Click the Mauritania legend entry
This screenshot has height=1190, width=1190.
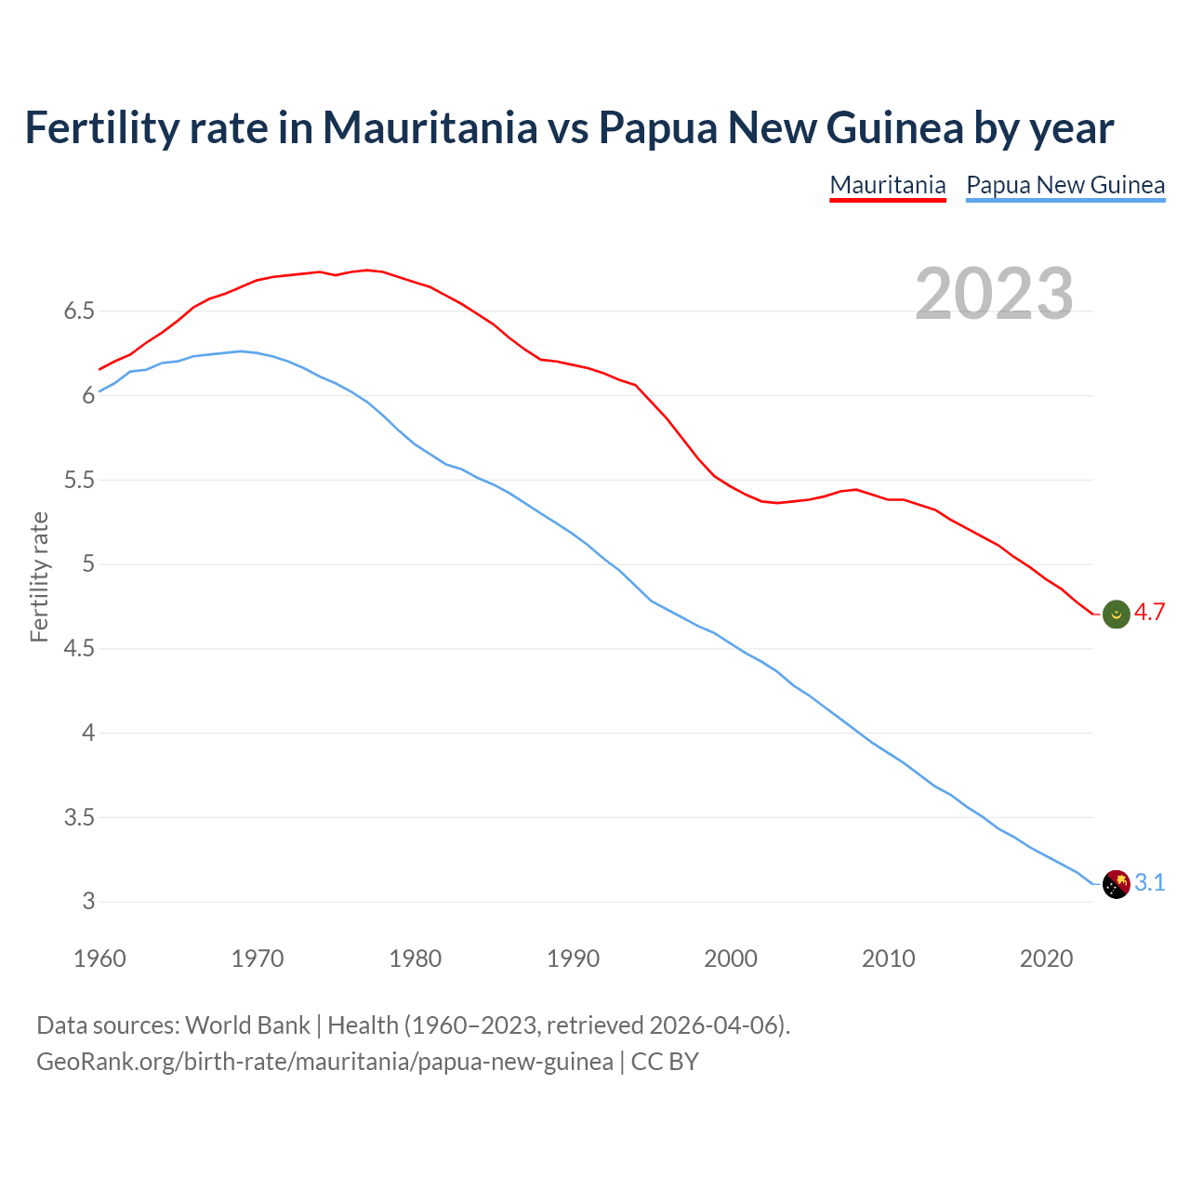pos(887,185)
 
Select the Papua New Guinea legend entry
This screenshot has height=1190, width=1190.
pos(1065,185)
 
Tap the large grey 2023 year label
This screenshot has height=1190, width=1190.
pos(994,294)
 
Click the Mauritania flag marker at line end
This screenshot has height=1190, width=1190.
pos(1116,614)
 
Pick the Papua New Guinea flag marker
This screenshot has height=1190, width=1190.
pos(1116,884)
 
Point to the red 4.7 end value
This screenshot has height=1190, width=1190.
pos(1150,613)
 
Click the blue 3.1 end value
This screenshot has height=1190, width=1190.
pos(1150,883)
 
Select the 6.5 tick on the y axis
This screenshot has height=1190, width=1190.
pos(79,311)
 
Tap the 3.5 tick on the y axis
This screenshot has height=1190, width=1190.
pos(79,818)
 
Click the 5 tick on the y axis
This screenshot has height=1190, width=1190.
pos(88,564)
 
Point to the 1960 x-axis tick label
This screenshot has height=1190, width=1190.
pos(99,959)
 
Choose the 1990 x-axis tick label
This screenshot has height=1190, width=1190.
pos(573,959)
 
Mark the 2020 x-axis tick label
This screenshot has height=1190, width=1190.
pos(1046,959)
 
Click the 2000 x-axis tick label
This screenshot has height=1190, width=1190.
pos(731,959)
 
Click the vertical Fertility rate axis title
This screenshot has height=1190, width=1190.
pos(39,576)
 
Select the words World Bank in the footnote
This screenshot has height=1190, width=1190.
pos(247,1025)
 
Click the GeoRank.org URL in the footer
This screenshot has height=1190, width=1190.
pos(324,1062)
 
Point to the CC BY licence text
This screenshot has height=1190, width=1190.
pos(665,1062)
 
